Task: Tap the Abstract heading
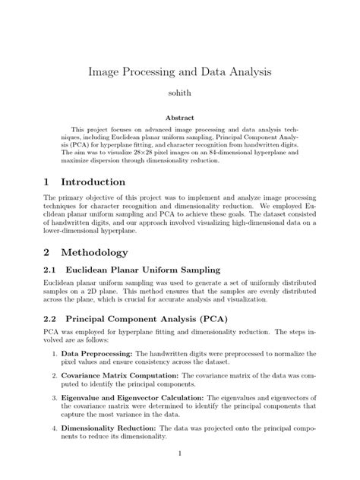click(180, 118)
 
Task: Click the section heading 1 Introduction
click(84, 182)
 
